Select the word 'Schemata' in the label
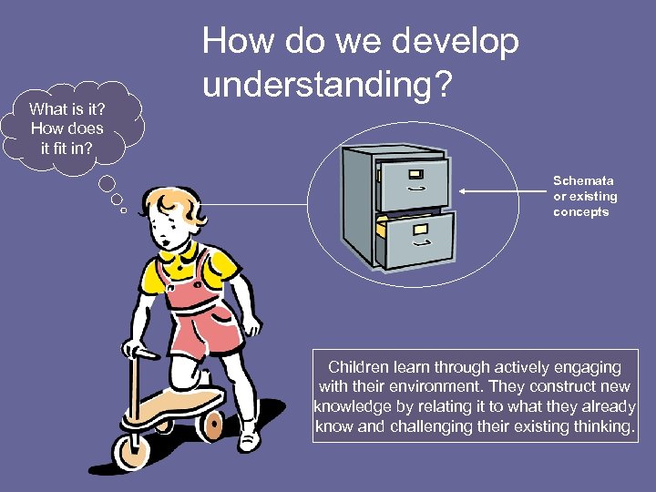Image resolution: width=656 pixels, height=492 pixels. [x=583, y=180]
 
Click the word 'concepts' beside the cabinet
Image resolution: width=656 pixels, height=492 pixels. [x=580, y=212]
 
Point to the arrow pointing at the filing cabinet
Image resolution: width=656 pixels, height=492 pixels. [x=500, y=191]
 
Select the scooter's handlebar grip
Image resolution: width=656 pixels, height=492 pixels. [x=136, y=350]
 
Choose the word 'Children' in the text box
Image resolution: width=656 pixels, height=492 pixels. [x=358, y=367]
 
